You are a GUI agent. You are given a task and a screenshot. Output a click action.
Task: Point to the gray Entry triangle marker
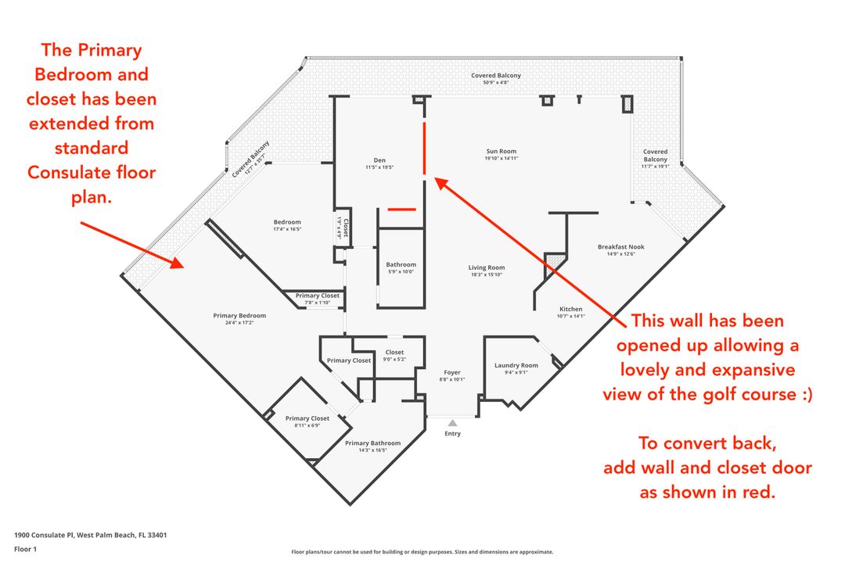(x=453, y=423)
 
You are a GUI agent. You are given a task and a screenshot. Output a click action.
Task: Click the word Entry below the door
(x=453, y=433)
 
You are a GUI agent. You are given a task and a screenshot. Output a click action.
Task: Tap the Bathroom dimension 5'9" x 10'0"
(x=401, y=271)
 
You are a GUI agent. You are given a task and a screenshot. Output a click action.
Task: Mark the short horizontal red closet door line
(x=402, y=209)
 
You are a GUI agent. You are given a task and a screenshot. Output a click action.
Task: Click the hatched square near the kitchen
(x=556, y=263)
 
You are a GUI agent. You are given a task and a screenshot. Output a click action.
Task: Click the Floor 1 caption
(x=25, y=549)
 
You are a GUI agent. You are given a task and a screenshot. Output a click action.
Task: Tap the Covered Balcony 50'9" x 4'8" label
(x=496, y=79)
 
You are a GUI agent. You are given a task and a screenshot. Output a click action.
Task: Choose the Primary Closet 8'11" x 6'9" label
(x=307, y=421)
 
